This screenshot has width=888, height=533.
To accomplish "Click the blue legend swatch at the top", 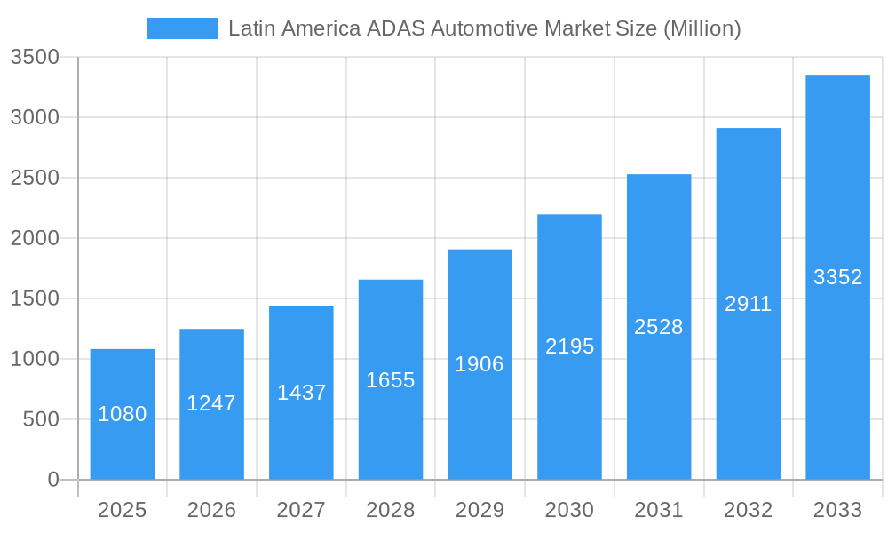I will (181, 28).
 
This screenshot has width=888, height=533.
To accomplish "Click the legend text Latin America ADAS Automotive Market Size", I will (484, 28).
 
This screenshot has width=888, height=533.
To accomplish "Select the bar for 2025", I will (123, 444).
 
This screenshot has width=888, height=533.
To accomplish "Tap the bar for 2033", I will (837, 355).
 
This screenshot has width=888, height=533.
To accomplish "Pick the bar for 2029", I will (480, 418).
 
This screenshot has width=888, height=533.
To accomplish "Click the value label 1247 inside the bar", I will (211, 403).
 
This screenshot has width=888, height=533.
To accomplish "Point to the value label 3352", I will (837, 277).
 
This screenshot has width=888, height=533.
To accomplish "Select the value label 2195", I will (569, 346).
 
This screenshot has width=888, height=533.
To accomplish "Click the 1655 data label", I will (391, 380).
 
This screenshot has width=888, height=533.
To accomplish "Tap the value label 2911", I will (748, 304).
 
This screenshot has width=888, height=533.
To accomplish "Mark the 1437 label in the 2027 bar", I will (301, 393).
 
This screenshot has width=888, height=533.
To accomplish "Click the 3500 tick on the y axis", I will (35, 58).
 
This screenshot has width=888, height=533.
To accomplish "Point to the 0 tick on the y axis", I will (52, 480).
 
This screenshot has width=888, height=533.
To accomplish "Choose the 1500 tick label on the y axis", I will (35, 298).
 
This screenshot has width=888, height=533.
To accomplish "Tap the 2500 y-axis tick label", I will (35, 178).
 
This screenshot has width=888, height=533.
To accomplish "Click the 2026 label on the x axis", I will (211, 510).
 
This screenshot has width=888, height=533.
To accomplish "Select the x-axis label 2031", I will (659, 510).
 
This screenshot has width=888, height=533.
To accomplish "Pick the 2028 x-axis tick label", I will (391, 510).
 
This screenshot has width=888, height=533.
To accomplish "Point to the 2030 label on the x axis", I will (569, 510).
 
